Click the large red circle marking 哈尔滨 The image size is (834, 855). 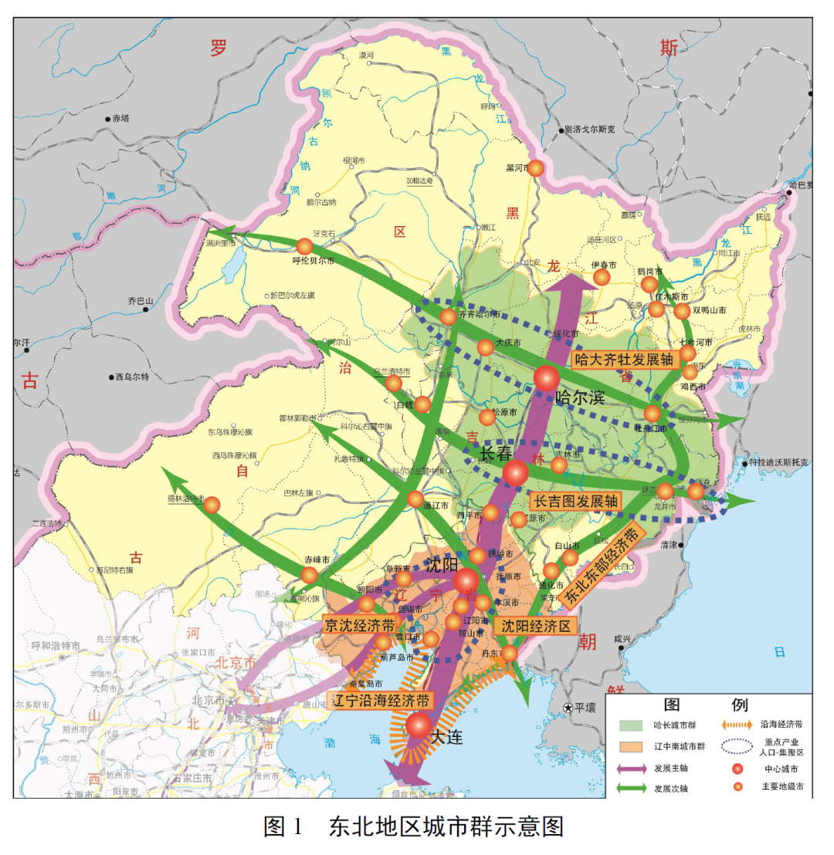tap(546, 378)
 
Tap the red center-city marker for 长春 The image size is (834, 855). tap(515, 472)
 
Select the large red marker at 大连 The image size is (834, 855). tap(419, 725)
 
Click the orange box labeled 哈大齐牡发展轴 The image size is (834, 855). tap(625, 360)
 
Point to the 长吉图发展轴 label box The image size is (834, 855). tap(576, 501)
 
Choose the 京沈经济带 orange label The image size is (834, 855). tap(360, 625)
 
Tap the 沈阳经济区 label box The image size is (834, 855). tap(537, 625)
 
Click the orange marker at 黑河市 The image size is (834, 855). tap(536, 167)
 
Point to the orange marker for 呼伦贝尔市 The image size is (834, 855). tap(304, 246)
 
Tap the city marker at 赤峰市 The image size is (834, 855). tap(310, 575)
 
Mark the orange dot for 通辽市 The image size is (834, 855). tap(415, 499)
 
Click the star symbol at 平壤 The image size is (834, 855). tap(568, 707)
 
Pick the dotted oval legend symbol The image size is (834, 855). tap(739, 745)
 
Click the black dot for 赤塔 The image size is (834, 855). tap(107, 119)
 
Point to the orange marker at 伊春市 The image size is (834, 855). tap(602, 277)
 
